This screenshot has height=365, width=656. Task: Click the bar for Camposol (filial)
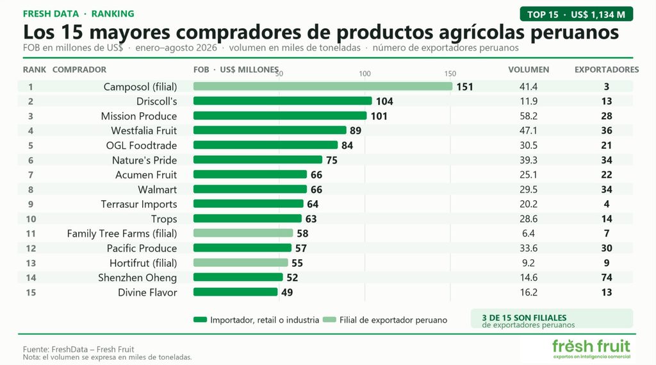323,87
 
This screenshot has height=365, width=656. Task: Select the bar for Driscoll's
283,101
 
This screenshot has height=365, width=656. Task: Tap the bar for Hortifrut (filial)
241,263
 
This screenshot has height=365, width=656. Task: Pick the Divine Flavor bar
236,292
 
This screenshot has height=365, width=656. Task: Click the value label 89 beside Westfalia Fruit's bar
355,131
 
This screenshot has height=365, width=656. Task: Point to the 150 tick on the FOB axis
450,74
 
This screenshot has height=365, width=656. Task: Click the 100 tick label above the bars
365,74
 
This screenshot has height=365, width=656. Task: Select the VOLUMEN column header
529,69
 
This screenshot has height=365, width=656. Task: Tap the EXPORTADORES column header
607,69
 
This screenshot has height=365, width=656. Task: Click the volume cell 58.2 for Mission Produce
529,116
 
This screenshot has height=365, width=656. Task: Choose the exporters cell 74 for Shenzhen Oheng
607,277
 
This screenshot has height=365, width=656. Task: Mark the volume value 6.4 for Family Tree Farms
529,233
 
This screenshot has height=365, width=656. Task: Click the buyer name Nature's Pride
144,160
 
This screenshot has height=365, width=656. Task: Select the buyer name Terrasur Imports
139,204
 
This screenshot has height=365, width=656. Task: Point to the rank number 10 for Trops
31,219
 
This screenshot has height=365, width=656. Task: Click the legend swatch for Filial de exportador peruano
329,319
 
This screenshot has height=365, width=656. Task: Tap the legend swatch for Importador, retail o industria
200,319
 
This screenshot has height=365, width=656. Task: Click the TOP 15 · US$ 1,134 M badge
576,14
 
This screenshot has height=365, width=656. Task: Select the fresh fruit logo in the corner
591,349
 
